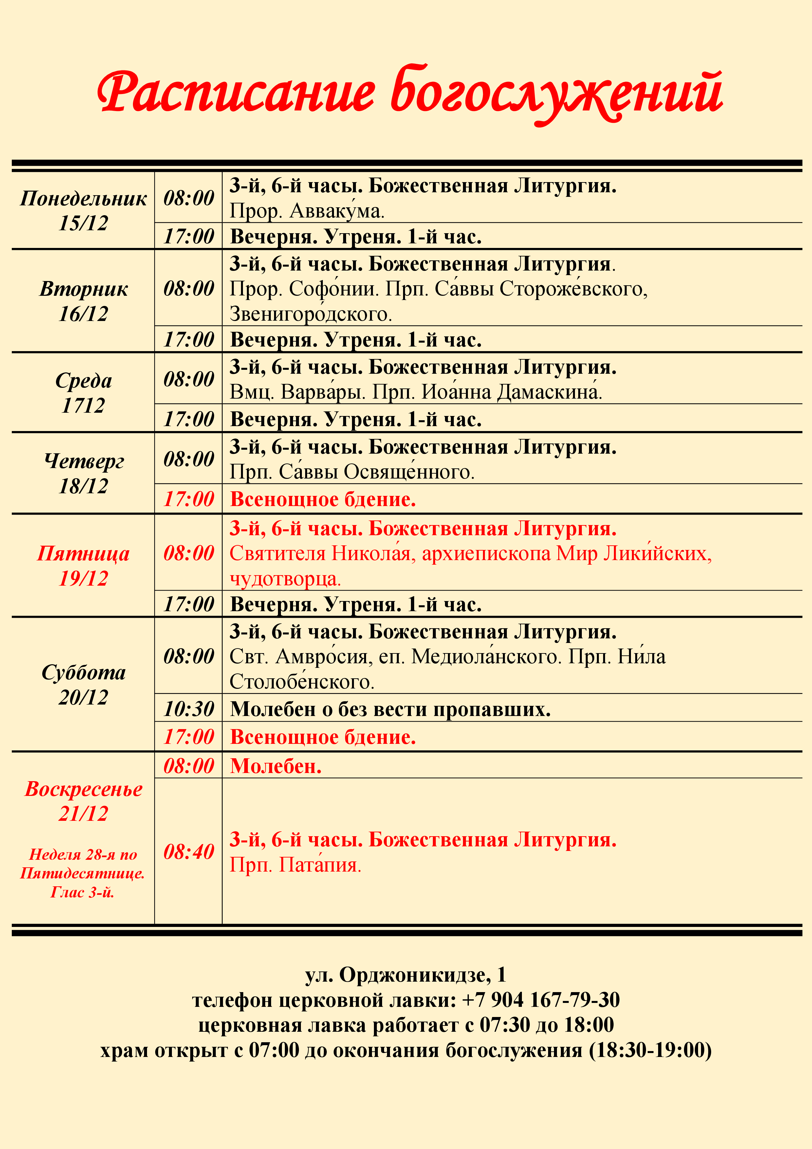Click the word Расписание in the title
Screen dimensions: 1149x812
235,93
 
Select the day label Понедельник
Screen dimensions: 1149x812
83,199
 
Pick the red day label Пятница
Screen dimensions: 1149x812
83,554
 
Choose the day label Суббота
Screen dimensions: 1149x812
83,672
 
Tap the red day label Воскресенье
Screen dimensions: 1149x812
83,789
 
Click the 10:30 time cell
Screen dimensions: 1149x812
189,709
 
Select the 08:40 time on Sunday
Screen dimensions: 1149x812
189,852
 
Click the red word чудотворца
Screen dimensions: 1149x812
285,579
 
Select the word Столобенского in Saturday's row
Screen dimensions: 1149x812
302,682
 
